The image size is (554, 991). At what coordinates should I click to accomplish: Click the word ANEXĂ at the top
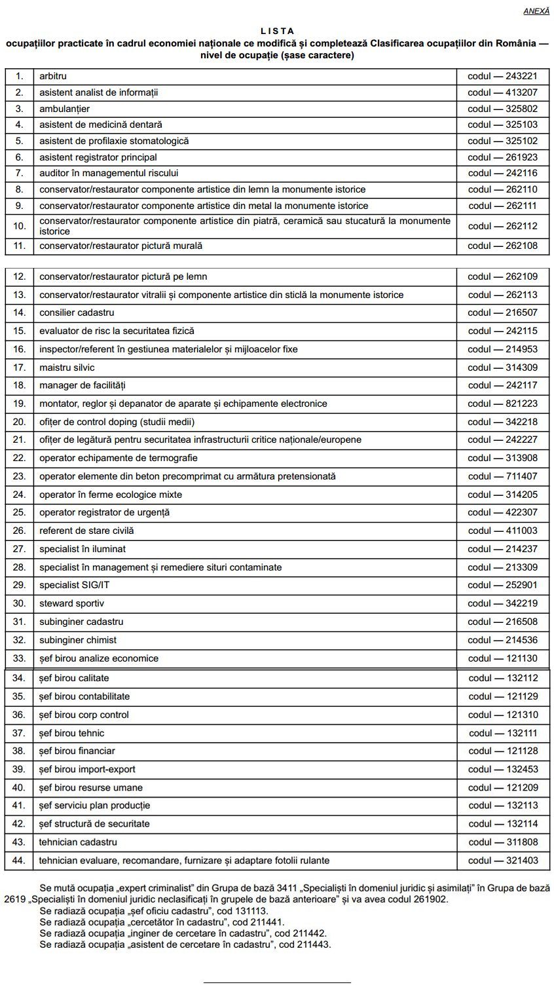[536, 11]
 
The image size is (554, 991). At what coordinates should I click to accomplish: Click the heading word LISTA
[277, 31]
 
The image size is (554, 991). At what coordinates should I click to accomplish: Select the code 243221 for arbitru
[502, 77]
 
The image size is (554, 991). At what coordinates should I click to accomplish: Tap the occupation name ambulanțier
[64, 109]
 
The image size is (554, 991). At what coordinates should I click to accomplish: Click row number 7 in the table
[20, 173]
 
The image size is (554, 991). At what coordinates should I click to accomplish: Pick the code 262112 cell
[502, 226]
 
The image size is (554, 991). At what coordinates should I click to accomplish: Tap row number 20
[20, 422]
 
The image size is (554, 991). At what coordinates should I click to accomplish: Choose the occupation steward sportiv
[71, 603]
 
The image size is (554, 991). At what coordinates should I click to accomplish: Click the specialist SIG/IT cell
[70, 585]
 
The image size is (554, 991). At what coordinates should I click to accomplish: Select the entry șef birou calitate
[74, 678]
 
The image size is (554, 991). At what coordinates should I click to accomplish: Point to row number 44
[20, 860]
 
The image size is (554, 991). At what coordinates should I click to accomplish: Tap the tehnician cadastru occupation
[78, 842]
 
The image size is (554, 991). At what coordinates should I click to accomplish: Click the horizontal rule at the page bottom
[277, 982]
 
